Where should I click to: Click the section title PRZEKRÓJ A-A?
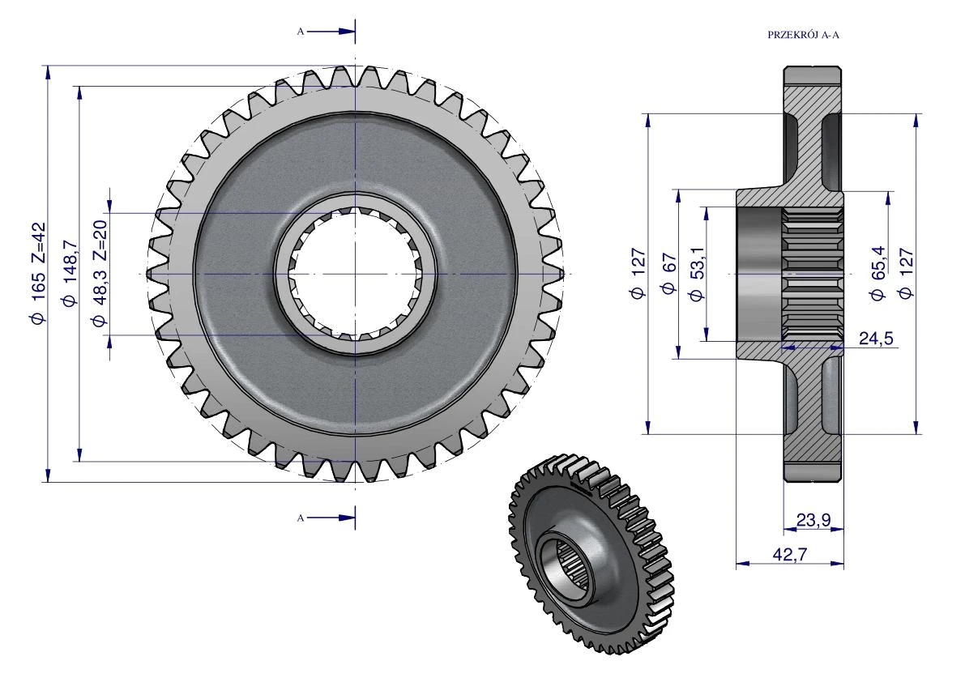[803, 35]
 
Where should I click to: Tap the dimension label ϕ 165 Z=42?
[37, 273]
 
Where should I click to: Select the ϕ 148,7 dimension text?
[69, 273]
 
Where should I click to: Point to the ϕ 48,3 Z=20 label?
[100, 273]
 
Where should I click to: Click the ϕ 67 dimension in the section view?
[669, 274]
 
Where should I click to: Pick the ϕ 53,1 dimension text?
[696, 274]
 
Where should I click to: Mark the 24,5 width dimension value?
[876, 339]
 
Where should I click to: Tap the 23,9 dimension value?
[813, 520]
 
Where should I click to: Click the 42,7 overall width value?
[790, 554]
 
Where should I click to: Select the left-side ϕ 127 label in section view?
[638, 274]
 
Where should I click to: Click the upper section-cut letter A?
[301, 32]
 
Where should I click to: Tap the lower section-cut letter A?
[301, 518]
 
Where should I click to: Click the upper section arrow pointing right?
[331, 31]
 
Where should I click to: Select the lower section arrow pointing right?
[331, 518]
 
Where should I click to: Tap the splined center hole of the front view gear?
[355, 273]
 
